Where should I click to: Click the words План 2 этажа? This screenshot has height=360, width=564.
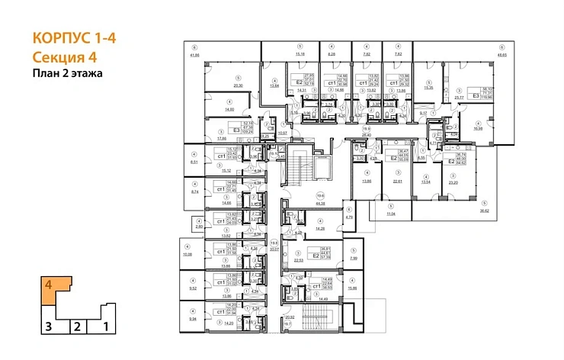click(66, 74)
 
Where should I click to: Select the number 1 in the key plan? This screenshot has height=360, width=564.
click(106, 327)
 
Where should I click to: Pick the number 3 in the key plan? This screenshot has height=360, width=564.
click(47, 327)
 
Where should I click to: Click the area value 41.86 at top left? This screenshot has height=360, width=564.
click(194, 55)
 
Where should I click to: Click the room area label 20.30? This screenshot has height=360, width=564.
click(238, 85)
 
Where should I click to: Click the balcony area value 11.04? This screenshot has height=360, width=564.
click(391, 215)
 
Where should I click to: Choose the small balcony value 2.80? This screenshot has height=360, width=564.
click(199, 227)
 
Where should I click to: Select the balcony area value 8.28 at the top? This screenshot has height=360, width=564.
click(332, 54)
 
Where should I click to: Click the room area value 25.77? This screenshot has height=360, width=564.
click(459, 98)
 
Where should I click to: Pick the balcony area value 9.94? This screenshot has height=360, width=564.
click(193, 320)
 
